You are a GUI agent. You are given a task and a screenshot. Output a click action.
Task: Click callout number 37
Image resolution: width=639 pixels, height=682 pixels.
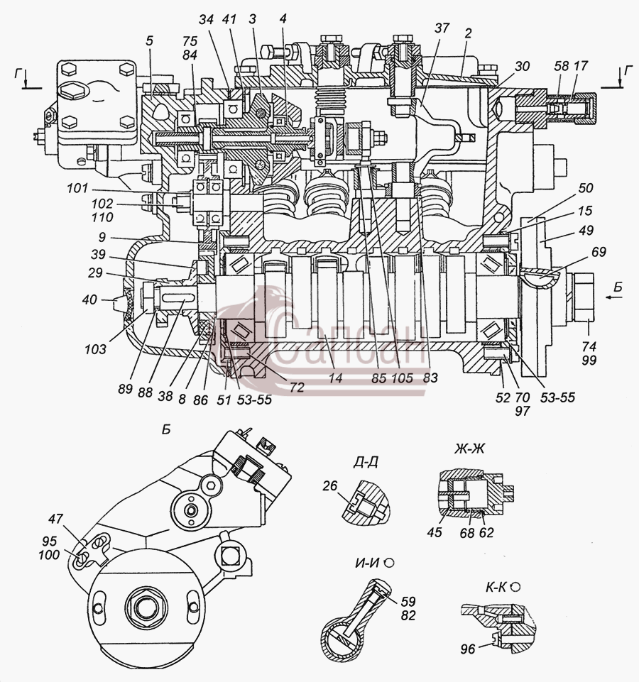pyautogui.click(x=442, y=28)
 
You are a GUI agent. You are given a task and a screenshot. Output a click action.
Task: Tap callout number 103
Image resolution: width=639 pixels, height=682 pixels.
pyautogui.click(x=96, y=348)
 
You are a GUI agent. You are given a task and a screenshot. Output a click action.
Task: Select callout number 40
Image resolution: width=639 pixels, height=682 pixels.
pyautogui.click(x=89, y=299)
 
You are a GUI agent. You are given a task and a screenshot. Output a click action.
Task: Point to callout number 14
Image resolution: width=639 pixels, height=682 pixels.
pyautogui.click(x=335, y=378)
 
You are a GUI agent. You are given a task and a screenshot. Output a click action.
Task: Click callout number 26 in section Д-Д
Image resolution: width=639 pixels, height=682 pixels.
pyautogui.click(x=330, y=485)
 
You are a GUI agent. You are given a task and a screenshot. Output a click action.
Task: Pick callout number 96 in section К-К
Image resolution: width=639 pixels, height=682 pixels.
pyautogui.click(x=468, y=649)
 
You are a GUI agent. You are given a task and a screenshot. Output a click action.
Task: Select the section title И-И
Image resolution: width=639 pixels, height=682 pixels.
pyautogui.click(x=367, y=563)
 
